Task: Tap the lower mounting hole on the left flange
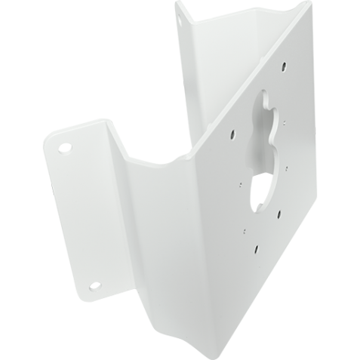95,285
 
